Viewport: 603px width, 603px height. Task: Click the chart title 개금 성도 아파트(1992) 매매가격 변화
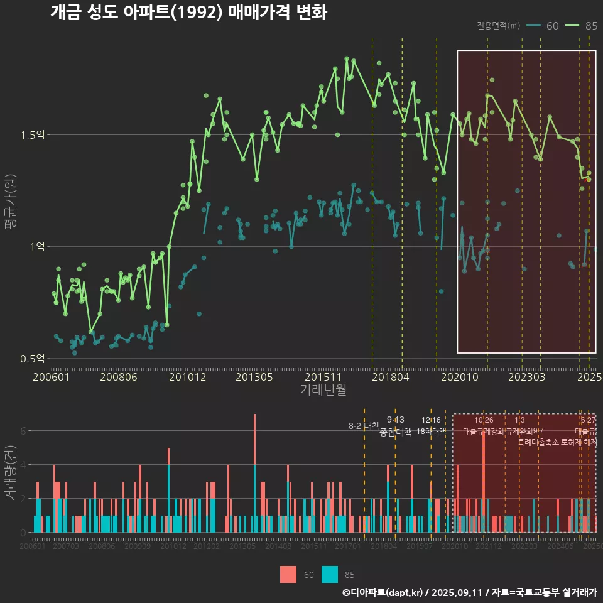click(x=188, y=13)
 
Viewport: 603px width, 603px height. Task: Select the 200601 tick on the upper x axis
click(x=51, y=377)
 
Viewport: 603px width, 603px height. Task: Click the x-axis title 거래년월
click(x=323, y=390)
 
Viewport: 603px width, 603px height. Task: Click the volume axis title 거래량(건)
click(x=11, y=472)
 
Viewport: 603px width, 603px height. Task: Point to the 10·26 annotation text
click(x=484, y=420)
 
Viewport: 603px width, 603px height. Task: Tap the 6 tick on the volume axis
click(x=23, y=431)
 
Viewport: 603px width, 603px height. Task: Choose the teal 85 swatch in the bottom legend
click(x=329, y=574)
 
